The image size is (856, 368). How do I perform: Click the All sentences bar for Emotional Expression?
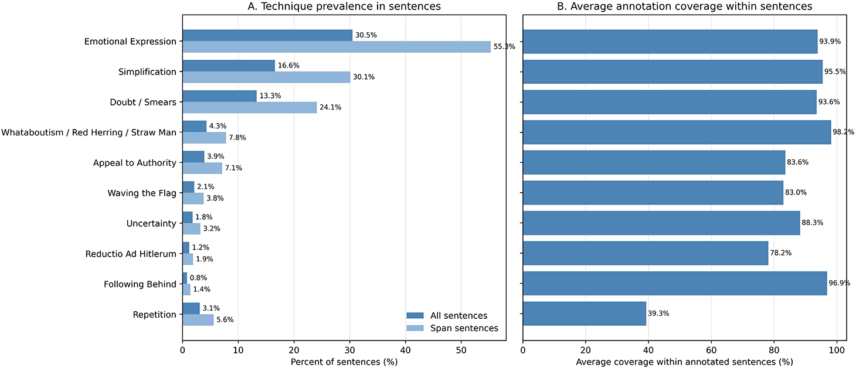267,36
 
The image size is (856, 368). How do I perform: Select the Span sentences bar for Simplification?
266,77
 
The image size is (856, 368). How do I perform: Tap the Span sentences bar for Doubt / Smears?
250,107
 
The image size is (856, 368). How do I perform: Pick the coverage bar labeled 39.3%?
585,314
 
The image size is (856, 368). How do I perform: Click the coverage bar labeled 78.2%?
646,253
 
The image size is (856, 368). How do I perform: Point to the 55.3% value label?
504,46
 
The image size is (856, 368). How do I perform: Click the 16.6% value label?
288,66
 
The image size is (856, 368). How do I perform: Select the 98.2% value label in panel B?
843,132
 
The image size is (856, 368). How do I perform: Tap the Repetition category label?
154,315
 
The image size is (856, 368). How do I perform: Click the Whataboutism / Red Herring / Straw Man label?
89,132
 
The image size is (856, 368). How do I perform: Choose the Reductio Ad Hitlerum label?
131,254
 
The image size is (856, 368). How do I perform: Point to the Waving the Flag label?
142,193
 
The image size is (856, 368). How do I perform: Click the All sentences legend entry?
447,316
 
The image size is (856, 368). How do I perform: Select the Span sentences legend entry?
453,328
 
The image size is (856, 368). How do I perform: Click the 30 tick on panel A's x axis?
349,350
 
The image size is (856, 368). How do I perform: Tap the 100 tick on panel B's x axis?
837,350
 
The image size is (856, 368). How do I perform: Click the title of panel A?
344,6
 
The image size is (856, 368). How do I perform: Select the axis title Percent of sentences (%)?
344,362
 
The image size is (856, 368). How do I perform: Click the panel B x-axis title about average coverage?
684,362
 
